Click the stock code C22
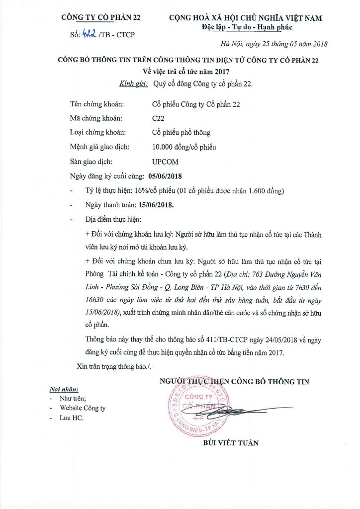159,118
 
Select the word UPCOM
165,162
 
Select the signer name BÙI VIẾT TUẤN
231,443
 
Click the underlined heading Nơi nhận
64,389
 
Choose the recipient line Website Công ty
83,408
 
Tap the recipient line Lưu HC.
72,418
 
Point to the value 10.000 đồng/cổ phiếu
184,147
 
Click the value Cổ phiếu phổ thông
181,133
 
